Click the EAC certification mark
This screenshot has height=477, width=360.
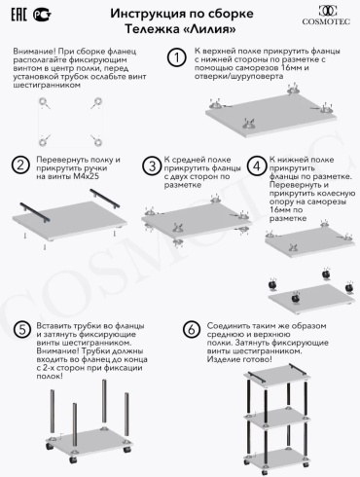[18, 15]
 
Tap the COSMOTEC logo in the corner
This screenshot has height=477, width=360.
[326, 16]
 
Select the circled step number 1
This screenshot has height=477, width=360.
[176, 57]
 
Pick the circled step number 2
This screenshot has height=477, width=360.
[20, 165]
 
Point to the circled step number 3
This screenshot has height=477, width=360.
[152, 166]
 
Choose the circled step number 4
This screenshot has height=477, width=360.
[257, 166]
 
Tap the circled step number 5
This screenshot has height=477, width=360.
[22, 330]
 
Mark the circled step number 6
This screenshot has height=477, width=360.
[192, 330]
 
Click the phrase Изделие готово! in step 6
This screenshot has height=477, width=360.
[239, 359]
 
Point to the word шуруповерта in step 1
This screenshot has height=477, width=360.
[260, 76]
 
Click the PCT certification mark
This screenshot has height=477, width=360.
[43, 15]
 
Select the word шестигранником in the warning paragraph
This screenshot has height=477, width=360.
[47, 86]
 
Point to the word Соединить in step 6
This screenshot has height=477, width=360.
[229, 326]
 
